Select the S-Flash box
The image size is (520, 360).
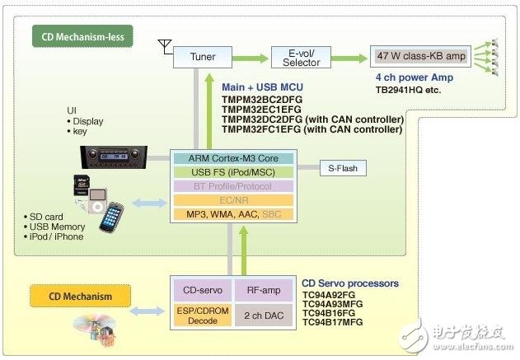point(343,169)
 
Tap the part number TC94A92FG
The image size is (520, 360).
point(327,295)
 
